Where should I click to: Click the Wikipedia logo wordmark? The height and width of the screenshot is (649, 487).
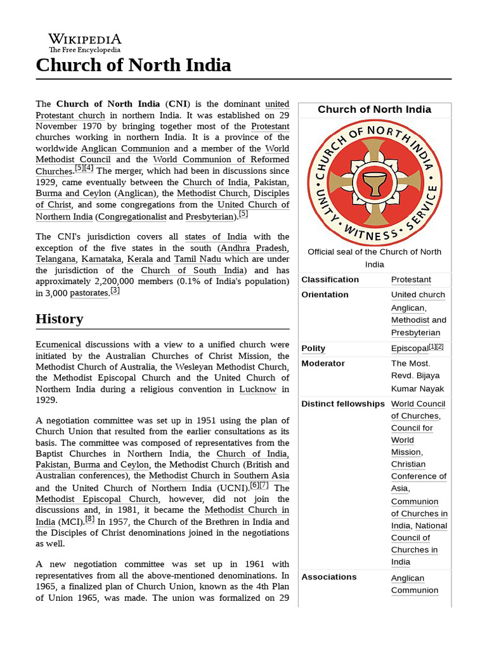click(84, 39)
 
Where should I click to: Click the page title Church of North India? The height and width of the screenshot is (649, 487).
click(133, 65)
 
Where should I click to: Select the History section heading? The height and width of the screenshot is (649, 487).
click(59, 318)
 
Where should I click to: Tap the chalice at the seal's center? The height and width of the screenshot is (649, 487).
click(374, 182)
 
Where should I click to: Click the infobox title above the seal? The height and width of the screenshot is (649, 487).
click(374, 109)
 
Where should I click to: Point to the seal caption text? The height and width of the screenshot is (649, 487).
click(374, 257)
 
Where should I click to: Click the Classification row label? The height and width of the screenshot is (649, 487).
click(330, 280)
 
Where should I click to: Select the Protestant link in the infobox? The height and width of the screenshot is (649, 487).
click(411, 280)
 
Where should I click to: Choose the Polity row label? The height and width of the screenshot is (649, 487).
click(313, 348)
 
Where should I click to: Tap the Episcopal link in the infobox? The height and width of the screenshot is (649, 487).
click(410, 348)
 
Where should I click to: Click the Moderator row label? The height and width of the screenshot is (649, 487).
click(323, 363)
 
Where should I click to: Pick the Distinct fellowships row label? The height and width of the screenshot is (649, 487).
click(342, 404)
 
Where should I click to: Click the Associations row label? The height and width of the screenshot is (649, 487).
click(328, 577)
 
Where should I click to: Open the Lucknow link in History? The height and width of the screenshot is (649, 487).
click(257, 389)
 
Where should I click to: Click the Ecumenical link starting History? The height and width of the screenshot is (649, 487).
click(58, 344)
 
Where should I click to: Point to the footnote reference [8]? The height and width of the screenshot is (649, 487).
click(90, 518)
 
